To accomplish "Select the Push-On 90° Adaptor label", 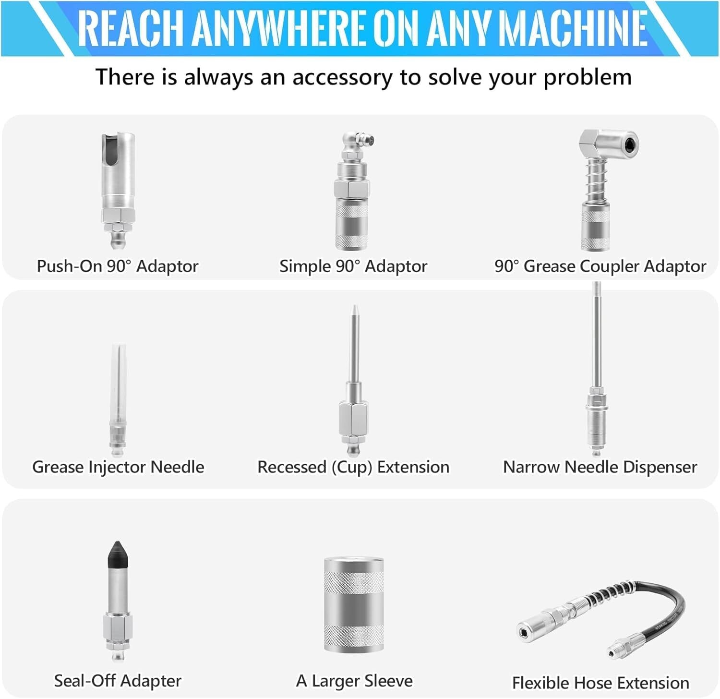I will [118, 266].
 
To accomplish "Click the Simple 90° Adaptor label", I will [353, 266].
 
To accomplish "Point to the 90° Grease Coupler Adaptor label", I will [600, 266].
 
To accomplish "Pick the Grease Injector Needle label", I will [118, 467].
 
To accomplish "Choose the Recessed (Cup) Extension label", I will [353, 467].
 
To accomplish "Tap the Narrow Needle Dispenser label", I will [600, 467].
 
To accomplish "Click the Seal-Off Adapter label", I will [118, 681].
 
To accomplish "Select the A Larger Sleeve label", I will [354, 681].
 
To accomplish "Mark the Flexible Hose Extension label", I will [600, 683].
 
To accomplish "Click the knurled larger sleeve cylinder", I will [354, 605].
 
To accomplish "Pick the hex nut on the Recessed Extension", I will [354, 417].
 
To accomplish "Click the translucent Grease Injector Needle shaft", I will [118, 379].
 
